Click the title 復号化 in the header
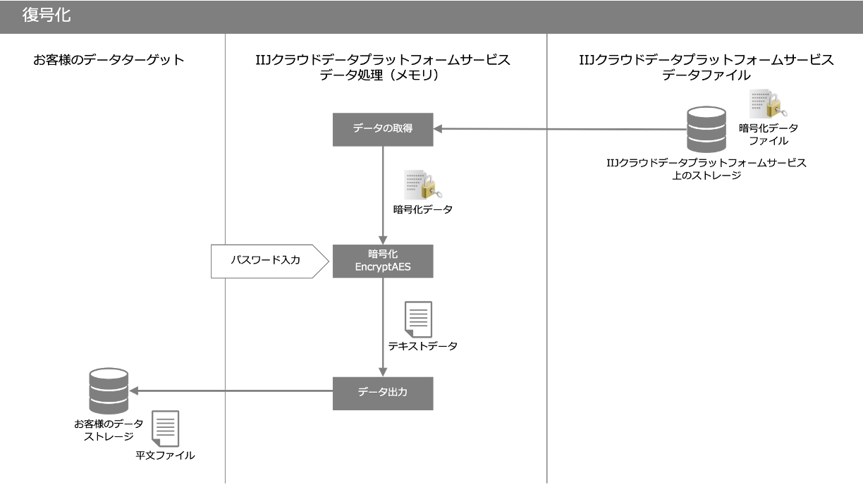click(47, 15)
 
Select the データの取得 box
click(382, 129)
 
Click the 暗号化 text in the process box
click(383, 254)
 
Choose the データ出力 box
click(382, 393)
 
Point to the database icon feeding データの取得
click(706, 130)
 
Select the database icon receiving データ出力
click(109, 391)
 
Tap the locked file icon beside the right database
click(766, 104)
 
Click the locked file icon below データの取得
click(422, 185)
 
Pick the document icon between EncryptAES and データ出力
click(418, 319)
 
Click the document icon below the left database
click(166, 428)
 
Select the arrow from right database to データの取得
click(564, 129)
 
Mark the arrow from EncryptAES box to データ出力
click(383, 324)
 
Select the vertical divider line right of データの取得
click(547, 282)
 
